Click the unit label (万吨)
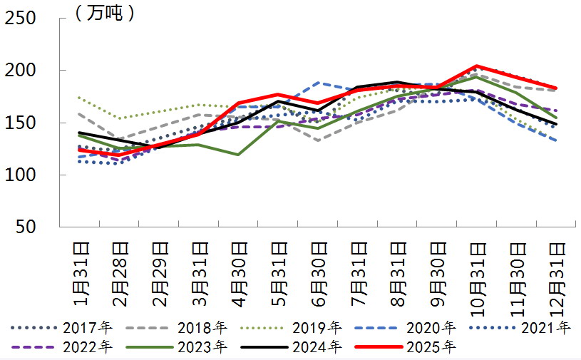[104, 12]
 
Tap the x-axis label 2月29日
[159, 274]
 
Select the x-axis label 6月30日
[318, 274]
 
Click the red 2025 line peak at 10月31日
[476, 66]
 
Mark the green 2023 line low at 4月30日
[237, 154]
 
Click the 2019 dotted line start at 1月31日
[79, 98]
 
